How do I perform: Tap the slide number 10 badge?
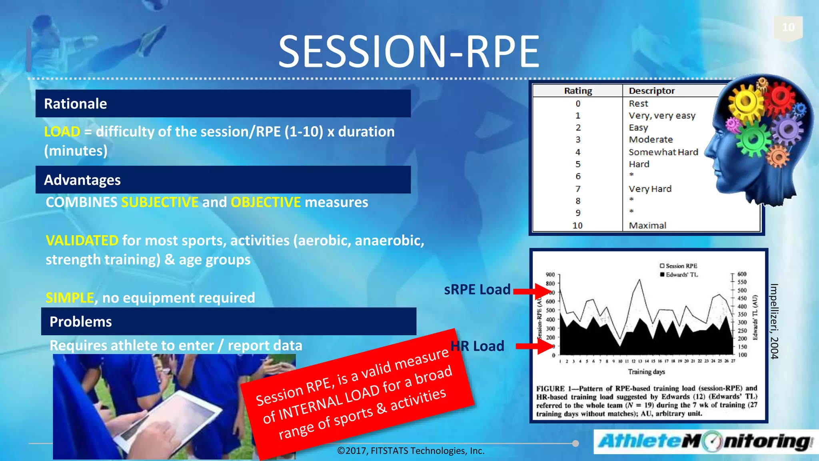788,27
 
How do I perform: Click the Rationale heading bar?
223,104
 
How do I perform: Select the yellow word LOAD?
62,132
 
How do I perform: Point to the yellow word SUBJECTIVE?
160,202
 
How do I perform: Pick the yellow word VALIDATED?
82,241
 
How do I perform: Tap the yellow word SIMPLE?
70,298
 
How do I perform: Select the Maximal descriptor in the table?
647,225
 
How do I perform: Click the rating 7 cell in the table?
578,189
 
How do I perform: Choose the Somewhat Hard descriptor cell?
663,152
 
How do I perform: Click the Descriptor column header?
651,91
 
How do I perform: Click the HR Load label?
477,346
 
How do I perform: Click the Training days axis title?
646,372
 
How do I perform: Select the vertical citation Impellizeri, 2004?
774,321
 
